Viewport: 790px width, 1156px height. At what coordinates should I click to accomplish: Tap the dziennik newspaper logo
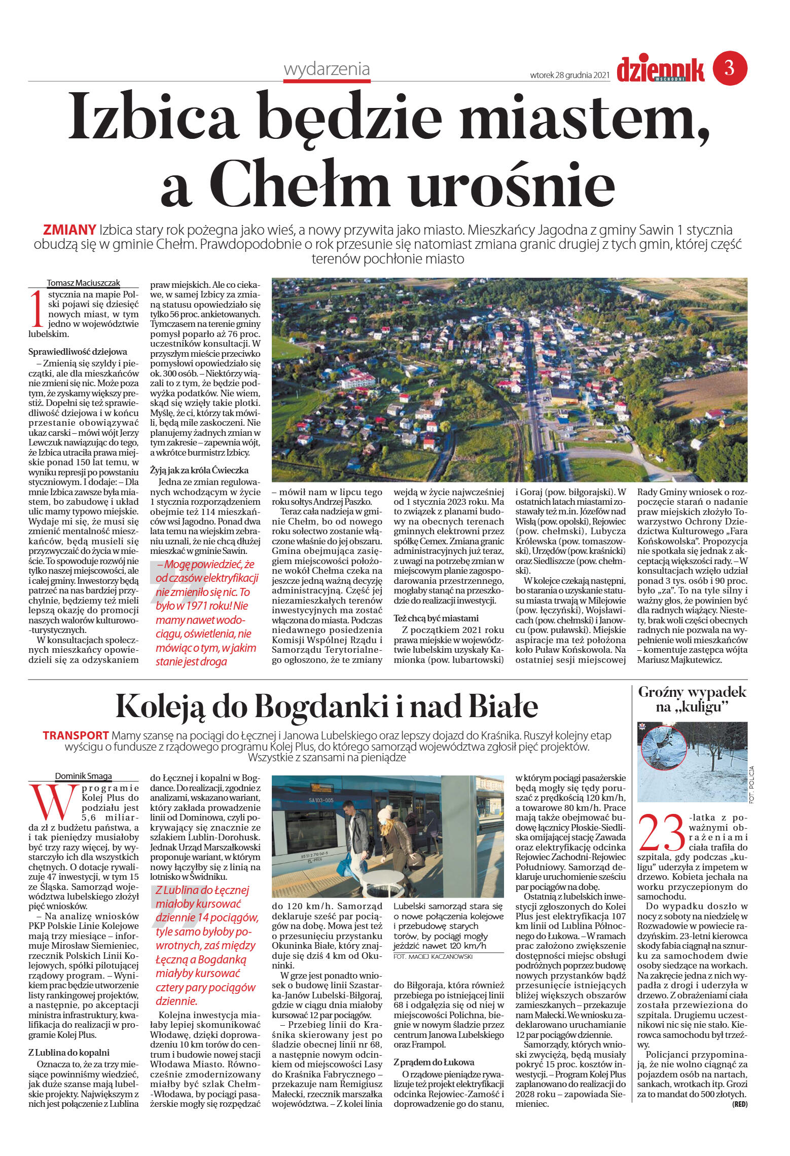coord(660,69)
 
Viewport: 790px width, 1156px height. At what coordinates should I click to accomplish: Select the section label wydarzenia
coord(327,69)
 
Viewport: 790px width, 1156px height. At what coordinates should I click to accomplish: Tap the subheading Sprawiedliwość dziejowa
coord(78,352)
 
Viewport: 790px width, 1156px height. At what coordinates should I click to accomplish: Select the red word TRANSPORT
coord(76,735)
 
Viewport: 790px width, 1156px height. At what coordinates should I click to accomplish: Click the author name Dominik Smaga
coord(84,776)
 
